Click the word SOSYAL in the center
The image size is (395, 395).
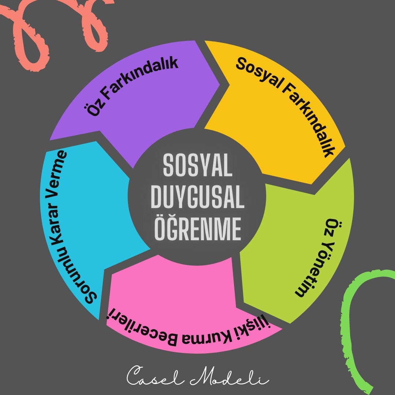click(198, 166)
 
